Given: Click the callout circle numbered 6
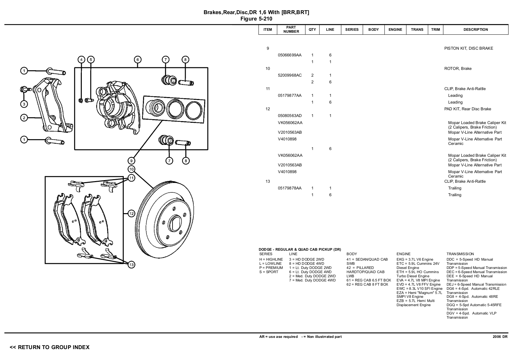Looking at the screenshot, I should (x=138, y=59).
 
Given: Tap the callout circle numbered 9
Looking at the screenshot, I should (x=131, y=161).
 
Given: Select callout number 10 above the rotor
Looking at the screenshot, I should (x=131, y=169).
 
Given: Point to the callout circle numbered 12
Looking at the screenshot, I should (x=131, y=213).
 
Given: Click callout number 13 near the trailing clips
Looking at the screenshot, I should (x=131, y=264).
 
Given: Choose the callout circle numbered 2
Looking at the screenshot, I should (x=24, y=118).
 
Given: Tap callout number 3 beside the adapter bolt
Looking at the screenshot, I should (x=24, y=104).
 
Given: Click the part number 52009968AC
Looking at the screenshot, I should (x=290, y=75).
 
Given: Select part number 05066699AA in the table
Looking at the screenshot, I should (x=290, y=55).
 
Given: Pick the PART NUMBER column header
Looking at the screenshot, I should (x=291, y=29).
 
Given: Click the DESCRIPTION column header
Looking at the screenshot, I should (x=475, y=29).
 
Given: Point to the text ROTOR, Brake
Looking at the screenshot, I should (x=458, y=69).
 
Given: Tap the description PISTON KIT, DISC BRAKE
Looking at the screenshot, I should (x=468, y=48).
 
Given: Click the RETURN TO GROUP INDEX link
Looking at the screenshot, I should (x=50, y=347).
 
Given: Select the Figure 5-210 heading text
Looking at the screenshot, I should (x=256, y=19).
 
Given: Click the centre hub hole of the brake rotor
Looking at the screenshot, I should (x=176, y=223).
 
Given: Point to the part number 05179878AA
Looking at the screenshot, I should (x=290, y=188).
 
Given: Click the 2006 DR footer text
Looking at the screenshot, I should (x=500, y=337).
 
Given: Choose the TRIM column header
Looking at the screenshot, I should (x=435, y=29).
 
